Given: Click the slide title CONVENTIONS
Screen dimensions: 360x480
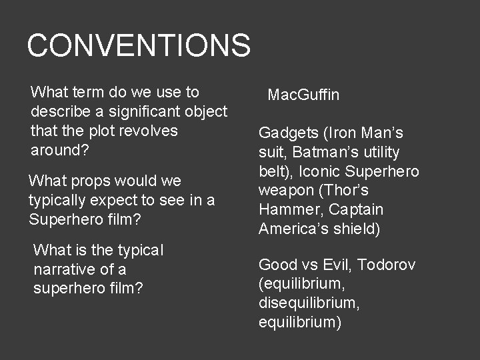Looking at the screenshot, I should [139, 45].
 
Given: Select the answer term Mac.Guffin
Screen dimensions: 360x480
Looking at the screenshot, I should [303, 95].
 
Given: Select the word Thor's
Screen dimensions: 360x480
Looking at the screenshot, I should [358, 191].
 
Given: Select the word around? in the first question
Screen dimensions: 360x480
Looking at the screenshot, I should [60, 150].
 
